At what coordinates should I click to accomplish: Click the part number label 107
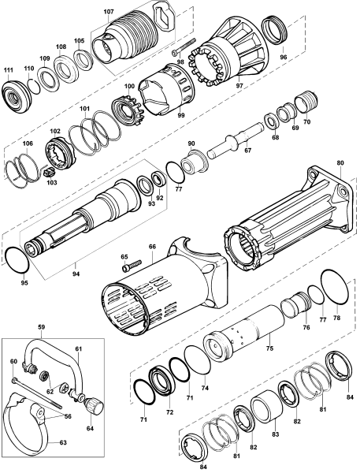(x=109, y=12)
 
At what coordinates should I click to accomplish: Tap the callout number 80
(x=340, y=163)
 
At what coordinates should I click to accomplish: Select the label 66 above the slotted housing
(x=152, y=247)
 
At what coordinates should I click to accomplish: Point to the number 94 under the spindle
(x=76, y=274)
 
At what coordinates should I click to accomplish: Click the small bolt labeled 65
(x=132, y=265)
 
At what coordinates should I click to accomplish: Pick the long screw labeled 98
(x=184, y=47)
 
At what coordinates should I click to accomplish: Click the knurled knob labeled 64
(x=95, y=406)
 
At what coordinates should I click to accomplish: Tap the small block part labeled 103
(x=48, y=173)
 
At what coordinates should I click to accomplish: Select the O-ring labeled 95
(x=17, y=259)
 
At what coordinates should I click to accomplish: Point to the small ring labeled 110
(x=34, y=86)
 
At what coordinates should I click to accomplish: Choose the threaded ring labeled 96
(x=275, y=31)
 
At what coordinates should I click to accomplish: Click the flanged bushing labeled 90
(x=193, y=162)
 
